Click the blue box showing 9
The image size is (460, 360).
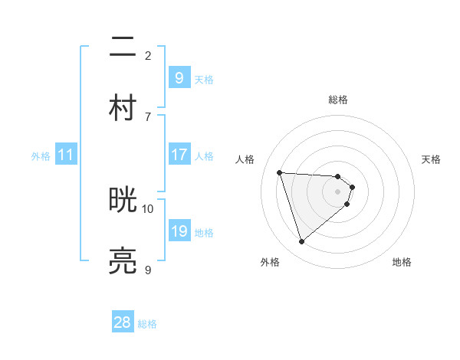point(179,77)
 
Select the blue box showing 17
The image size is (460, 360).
point(179,155)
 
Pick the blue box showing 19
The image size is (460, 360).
point(179,231)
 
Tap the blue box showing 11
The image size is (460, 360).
point(65,155)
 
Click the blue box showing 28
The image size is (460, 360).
point(123,322)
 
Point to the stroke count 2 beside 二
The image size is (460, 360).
point(148,55)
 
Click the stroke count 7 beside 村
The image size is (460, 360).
point(148,116)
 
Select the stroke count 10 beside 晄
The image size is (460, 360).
point(148,208)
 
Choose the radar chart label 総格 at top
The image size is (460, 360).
point(338,100)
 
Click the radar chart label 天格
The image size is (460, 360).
point(431,159)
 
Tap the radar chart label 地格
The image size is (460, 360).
point(402,262)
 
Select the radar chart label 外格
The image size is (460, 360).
point(270,262)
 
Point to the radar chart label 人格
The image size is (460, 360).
point(245,159)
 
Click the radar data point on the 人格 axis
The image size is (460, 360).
point(280,172)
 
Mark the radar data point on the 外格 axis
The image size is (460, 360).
point(301,242)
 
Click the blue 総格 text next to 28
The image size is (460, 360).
point(147,324)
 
